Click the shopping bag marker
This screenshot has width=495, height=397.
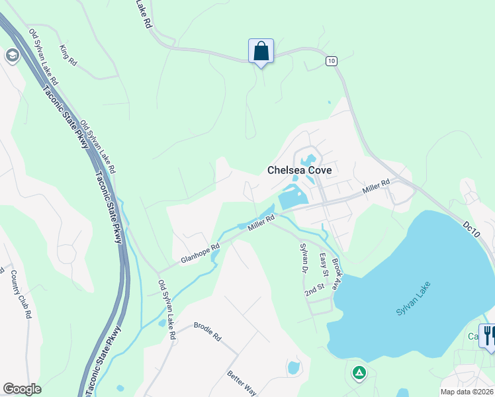(x=261, y=51)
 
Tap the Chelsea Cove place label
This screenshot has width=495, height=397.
(x=299, y=170)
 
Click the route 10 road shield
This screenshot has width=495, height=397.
(x=332, y=61)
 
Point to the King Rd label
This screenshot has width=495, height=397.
(x=68, y=55)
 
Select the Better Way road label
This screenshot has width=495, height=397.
(x=242, y=383)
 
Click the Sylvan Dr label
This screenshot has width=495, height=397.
(x=304, y=258)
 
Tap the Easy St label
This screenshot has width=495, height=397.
(x=324, y=265)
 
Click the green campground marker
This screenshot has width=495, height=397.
(x=359, y=373)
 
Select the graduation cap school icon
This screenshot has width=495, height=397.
(x=11, y=56)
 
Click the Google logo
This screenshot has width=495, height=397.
(x=22, y=389)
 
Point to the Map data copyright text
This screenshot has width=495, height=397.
(x=467, y=392)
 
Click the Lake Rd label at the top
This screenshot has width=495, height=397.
(x=144, y=13)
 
